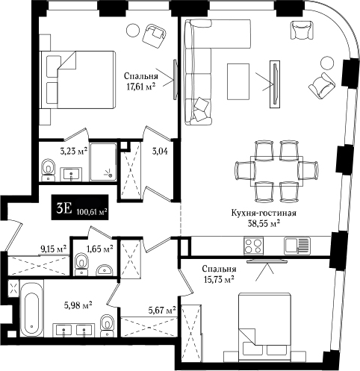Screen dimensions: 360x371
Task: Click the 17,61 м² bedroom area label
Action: click(x=141, y=87)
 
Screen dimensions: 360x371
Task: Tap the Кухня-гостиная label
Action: click(x=264, y=213)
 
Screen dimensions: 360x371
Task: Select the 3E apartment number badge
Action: click(x=80, y=207)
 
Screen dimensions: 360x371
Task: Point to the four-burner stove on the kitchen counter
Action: click(x=254, y=246)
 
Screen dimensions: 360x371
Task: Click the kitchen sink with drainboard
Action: click(x=297, y=246)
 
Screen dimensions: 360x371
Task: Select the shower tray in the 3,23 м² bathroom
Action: click(x=103, y=162)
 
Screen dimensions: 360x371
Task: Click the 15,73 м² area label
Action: click(x=219, y=281)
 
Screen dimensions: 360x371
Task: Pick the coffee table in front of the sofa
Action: click(x=238, y=81)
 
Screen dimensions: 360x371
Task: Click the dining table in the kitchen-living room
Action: click(x=276, y=171)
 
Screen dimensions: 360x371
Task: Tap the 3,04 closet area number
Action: click(x=160, y=151)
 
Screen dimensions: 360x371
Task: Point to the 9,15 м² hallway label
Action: click(x=54, y=249)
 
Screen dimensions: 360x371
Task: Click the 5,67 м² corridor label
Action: click(x=162, y=310)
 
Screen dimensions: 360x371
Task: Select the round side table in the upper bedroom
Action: click(x=133, y=30)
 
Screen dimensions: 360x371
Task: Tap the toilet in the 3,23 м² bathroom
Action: click(x=48, y=169)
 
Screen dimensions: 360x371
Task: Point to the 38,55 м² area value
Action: click(x=264, y=223)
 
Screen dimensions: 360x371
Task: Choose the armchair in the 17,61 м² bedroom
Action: click(x=155, y=35)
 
